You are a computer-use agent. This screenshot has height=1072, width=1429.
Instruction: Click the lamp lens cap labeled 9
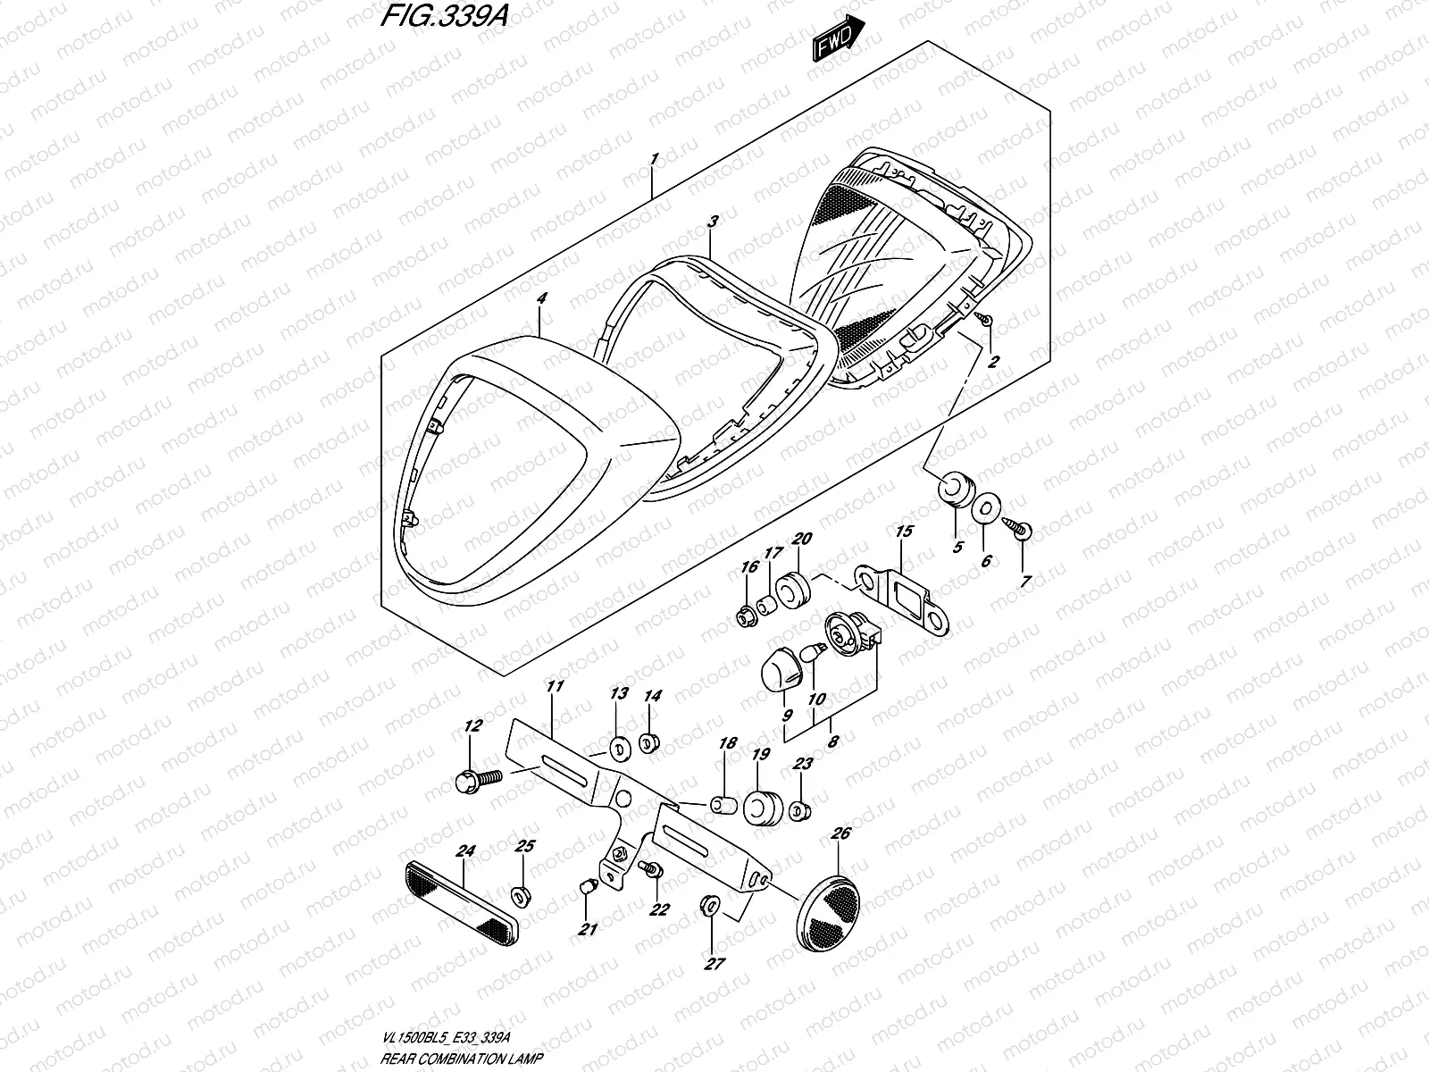(x=781, y=667)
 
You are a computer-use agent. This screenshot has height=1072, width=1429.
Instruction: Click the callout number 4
(x=539, y=303)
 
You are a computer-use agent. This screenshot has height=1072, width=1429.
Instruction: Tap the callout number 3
(x=712, y=220)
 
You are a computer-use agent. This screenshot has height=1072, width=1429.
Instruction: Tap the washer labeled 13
(x=617, y=748)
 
